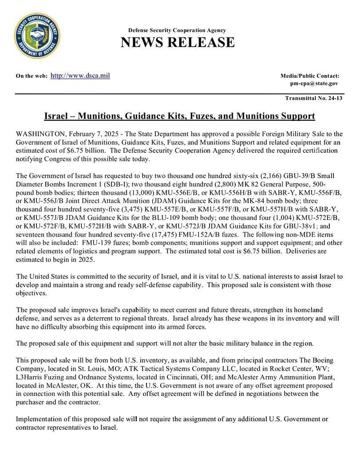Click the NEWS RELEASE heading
pos(177,42)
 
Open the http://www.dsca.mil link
pos(80,76)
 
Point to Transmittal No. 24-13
pos(314,98)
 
